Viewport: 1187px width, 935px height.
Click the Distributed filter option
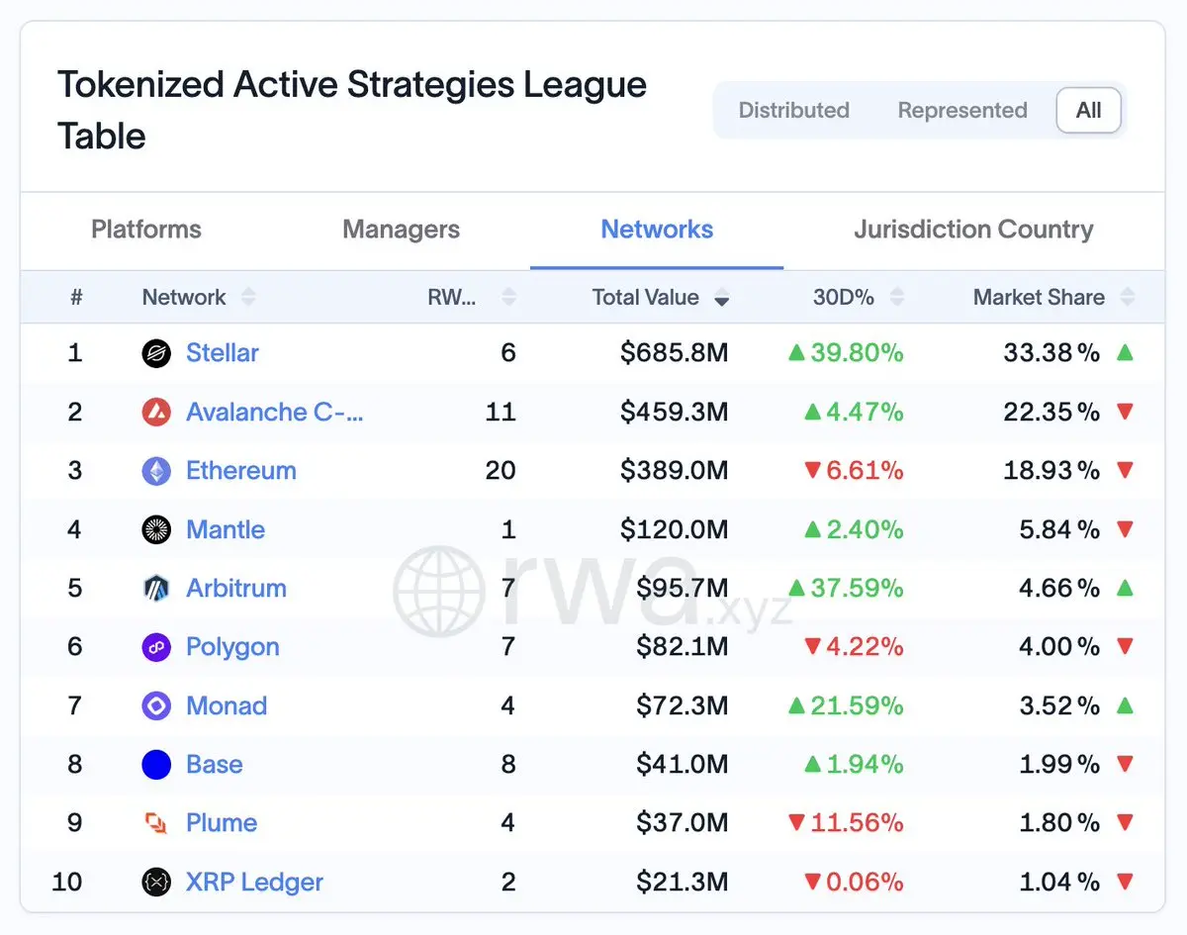(793, 111)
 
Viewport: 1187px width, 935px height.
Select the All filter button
(1088, 111)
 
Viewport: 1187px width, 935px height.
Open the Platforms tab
(146, 230)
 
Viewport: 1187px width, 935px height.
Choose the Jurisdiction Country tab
(973, 230)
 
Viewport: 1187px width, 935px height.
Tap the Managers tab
(401, 230)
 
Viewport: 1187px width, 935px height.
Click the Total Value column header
(645, 297)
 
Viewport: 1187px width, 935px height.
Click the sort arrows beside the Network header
(248, 297)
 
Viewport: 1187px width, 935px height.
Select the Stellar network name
(223, 352)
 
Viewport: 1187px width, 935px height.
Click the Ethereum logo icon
(156, 471)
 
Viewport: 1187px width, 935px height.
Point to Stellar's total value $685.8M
(674, 352)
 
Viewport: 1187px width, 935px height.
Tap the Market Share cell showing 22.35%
(1051, 412)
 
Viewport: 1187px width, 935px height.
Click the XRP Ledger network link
(254, 882)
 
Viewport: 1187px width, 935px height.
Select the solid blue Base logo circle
(156, 765)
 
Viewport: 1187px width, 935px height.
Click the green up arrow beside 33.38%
(1125, 352)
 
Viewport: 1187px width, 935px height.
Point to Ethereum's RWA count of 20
(501, 471)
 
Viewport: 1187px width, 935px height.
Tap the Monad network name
(227, 705)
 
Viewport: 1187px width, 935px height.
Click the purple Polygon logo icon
(156, 647)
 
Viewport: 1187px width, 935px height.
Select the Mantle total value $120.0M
(674, 529)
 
